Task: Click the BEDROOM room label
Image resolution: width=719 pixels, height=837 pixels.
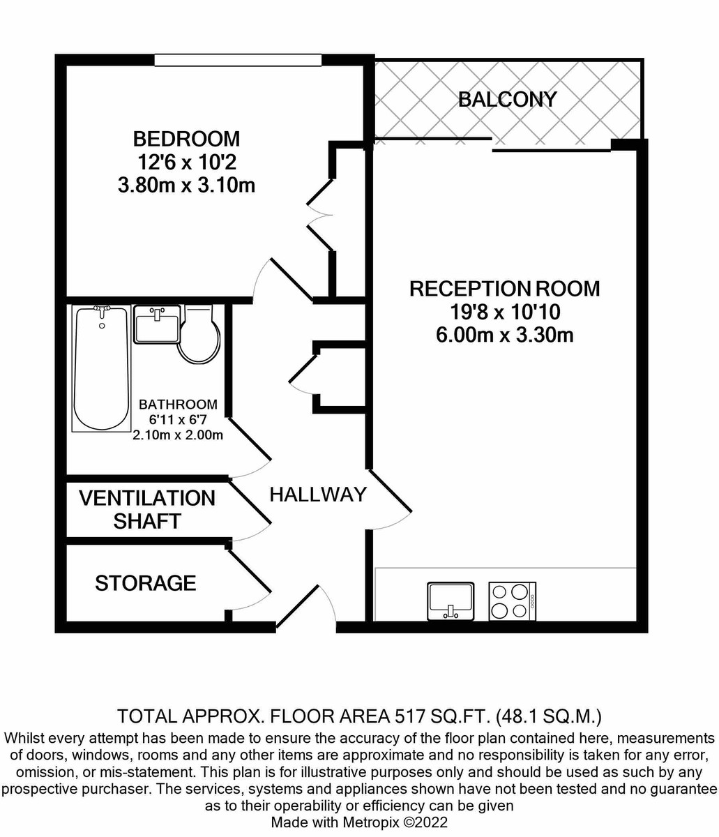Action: pos(186,139)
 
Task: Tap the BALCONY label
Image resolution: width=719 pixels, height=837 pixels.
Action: pos(508,100)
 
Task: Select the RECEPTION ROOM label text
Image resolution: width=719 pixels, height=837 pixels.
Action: pos(504,289)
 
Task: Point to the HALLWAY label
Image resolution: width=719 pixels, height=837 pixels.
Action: pos(318,495)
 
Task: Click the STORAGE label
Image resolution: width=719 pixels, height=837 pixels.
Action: pos(146,583)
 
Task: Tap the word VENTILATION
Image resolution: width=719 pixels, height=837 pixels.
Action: pos(147,498)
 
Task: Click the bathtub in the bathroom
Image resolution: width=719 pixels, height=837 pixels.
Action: pos(102,368)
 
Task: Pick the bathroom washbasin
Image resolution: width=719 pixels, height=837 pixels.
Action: pos(157,324)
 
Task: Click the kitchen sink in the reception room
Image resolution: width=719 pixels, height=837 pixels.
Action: pos(451,601)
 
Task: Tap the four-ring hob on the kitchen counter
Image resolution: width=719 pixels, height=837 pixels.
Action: pos(512,601)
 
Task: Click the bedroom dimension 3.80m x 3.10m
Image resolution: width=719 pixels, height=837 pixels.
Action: pos(186,186)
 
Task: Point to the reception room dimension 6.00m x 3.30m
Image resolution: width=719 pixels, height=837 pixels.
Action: pos(504,335)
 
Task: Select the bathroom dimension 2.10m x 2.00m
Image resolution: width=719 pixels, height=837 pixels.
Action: pos(178,435)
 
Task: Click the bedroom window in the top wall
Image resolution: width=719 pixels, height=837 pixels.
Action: pos(238,59)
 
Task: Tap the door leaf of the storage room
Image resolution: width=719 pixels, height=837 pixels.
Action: pos(248,569)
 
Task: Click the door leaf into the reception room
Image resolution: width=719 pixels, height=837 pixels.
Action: pos(389,490)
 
